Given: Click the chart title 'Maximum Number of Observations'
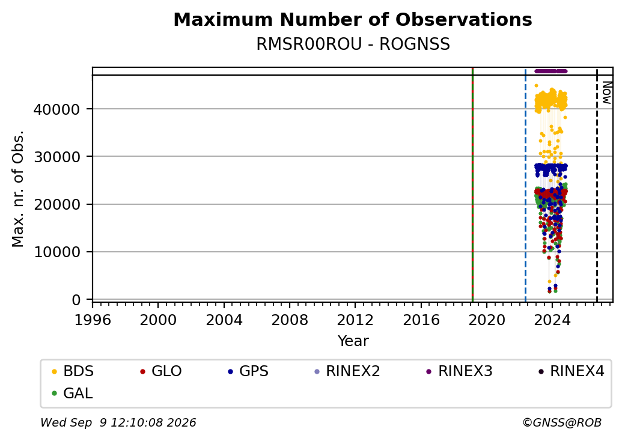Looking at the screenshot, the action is [353, 19].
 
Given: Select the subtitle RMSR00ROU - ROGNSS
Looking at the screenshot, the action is [353, 44].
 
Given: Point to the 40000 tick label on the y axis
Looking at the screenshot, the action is [57, 109].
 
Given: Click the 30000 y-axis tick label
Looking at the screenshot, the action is [57, 157].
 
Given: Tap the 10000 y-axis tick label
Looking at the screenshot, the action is [57, 252].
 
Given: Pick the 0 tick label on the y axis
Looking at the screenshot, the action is [76, 300].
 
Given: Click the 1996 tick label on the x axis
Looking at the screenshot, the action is [93, 320].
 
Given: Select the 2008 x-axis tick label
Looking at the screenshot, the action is [290, 320].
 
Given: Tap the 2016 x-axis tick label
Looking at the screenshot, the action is [421, 320].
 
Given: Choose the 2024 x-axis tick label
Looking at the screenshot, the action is [552, 320].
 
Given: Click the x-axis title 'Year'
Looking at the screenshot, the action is [353, 341].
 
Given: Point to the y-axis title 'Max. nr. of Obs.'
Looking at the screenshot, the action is [18, 189].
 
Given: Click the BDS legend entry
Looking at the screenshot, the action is [73, 371].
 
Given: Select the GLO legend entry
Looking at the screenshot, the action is [160, 371].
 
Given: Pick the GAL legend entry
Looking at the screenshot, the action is [72, 393].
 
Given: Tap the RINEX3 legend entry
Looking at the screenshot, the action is [459, 371].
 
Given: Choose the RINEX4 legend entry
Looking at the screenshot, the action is [571, 371].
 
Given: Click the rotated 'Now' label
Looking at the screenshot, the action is [606, 93].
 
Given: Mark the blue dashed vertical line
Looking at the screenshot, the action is [525, 185].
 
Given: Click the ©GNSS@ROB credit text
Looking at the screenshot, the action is [562, 422].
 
